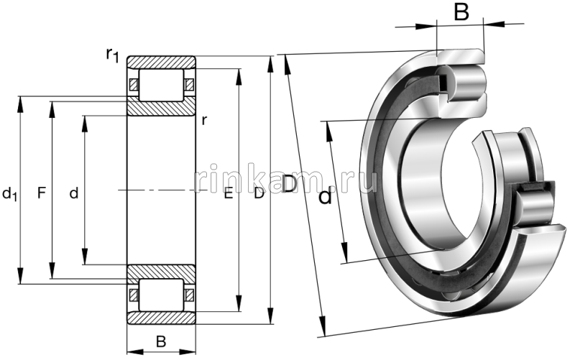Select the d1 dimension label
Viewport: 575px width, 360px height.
pyautogui.click(x=10, y=193)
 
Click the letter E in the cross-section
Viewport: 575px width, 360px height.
pyautogui.click(x=228, y=193)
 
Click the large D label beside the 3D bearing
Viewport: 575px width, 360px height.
pyautogui.click(x=288, y=185)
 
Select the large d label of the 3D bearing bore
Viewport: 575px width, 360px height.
pyautogui.click(x=326, y=196)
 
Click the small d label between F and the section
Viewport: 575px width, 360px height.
pyautogui.click(x=73, y=193)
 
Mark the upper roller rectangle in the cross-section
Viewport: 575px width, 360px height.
pyautogui.click(x=161, y=85)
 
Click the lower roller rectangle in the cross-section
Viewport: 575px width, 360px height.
pyautogui.click(x=161, y=295)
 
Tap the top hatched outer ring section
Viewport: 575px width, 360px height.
pyautogui.click(x=161, y=63)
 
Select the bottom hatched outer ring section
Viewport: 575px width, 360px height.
pyautogui.click(x=161, y=318)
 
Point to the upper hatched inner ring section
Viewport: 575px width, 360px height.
pyautogui.click(x=161, y=109)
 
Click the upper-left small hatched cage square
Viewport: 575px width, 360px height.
pyautogui.click(x=133, y=85)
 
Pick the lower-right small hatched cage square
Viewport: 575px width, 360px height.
pyautogui.click(x=189, y=295)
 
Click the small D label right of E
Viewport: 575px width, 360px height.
pyautogui.click(x=259, y=193)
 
